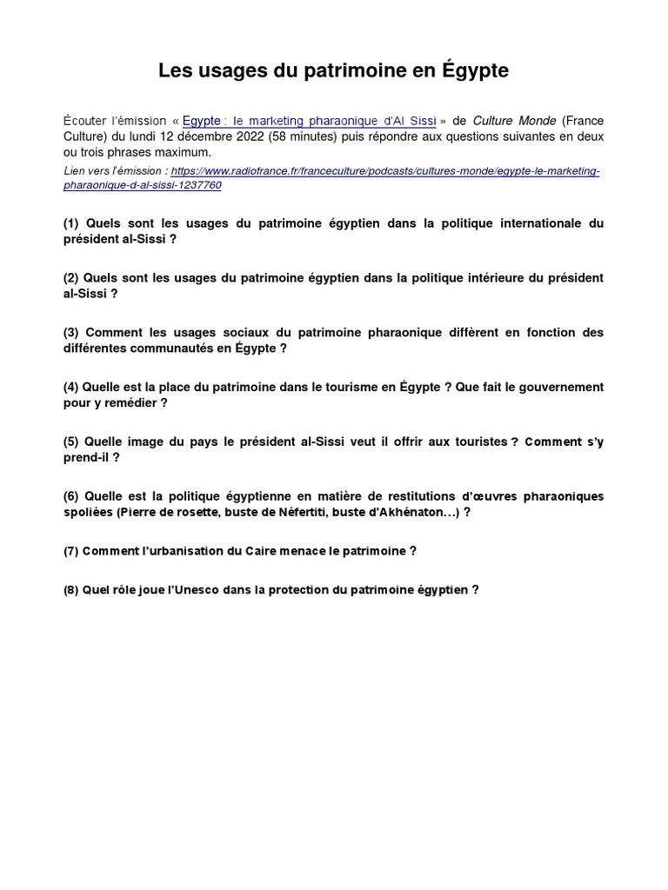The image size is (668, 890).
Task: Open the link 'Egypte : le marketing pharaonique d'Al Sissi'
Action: [309, 121]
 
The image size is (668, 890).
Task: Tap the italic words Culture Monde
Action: [514, 121]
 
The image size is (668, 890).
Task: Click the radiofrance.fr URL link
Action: [385, 171]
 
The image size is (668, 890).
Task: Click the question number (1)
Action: [71, 223]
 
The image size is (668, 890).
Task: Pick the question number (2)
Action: [71, 278]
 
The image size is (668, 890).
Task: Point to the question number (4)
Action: [71, 387]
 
